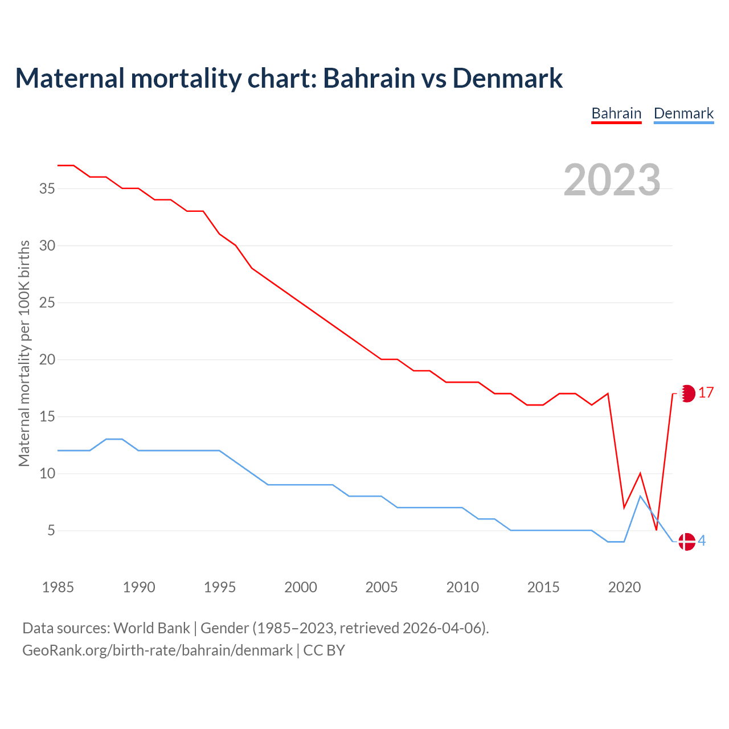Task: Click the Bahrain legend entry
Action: pyautogui.click(x=616, y=113)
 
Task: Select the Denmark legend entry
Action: pyautogui.click(x=683, y=113)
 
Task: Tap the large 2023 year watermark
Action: pyautogui.click(x=612, y=179)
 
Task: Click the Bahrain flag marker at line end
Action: pyautogui.click(x=687, y=393)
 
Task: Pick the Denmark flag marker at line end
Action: pyautogui.click(x=687, y=541)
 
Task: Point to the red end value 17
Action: pyautogui.click(x=706, y=393)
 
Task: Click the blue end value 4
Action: pyautogui.click(x=702, y=541)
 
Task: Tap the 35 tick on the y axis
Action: pyautogui.click(x=47, y=189)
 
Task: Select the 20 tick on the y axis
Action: pyautogui.click(x=47, y=359)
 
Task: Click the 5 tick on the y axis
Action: pyautogui.click(x=51, y=531)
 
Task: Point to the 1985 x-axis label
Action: pyautogui.click(x=58, y=587)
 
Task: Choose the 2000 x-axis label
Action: pyautogui.click(x=301, y=587)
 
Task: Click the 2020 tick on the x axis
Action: pyautogui.click(x=624, y=587)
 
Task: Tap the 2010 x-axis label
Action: pyautogui.click(x=462, y=587)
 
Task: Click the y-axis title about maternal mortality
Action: pyautogui.click(x=24, y=353)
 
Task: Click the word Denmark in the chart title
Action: pyautogui.click(x=507, y=78)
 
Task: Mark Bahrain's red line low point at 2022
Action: pyautogui.click(x=656, y=530)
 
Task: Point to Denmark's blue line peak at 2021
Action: pyautogui.click(x=640, y=496)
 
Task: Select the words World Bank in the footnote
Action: pyautogui.click(x=151, y=628)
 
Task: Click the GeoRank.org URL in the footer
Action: pyautogui.click(x=157, y=650)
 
